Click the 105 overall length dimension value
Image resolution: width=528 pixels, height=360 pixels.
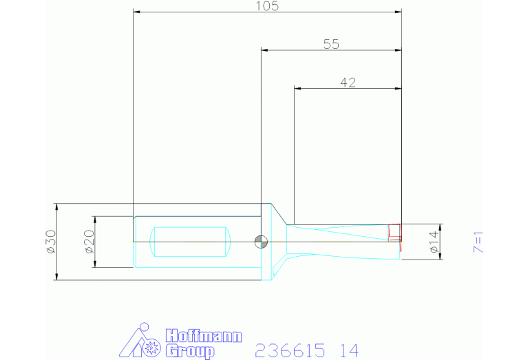[267, 6]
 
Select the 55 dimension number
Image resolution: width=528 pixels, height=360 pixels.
[331, 45]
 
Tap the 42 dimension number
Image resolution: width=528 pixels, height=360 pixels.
[348, 83]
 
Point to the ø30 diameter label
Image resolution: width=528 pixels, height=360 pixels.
[51, 242]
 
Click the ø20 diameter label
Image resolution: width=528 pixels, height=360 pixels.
[89, 242]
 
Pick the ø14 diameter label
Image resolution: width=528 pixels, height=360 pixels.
[434, 242]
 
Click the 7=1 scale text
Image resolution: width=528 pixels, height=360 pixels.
[478, 242]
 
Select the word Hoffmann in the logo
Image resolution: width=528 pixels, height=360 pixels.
[204, 336]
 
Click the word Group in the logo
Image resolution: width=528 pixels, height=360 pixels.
[190, 351]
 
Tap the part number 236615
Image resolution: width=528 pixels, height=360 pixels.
[290, 350]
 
